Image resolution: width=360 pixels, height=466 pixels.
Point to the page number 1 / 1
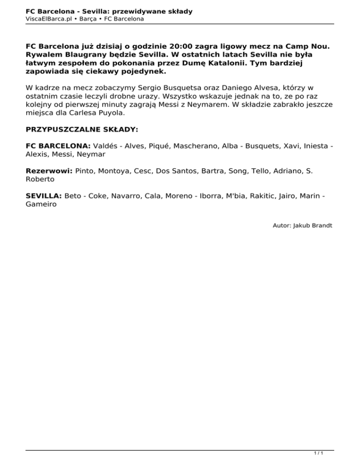[318, 454]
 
